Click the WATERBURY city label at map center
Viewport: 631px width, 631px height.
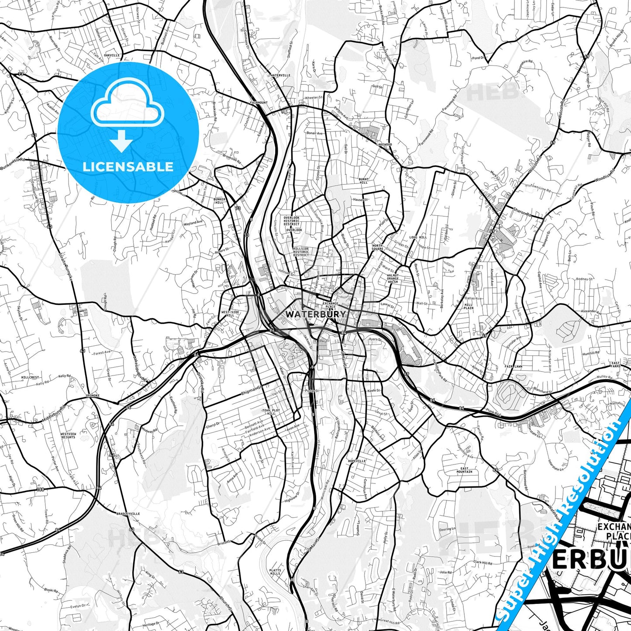tap(315, 314)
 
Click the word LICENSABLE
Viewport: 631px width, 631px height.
tap(128, 167)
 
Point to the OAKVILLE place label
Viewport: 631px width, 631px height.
tap(112, 55)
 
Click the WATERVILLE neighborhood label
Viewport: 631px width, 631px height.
tap(280, 75)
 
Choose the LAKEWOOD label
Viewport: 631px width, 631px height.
tap(384, 144)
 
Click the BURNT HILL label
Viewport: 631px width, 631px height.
tap(363, 181)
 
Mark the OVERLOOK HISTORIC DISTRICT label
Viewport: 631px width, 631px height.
tap(292, 221)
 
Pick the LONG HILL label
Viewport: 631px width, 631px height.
tap(418, 238)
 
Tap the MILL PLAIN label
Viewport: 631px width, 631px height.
tap(469, 306)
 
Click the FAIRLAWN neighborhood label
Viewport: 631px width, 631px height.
tap(514, 366)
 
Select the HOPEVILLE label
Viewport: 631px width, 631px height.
tap(357, 461)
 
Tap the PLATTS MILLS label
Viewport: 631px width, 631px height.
tap(275, 572)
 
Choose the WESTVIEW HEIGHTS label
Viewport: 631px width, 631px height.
tap(68, 435)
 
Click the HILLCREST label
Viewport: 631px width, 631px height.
tap(30, 377)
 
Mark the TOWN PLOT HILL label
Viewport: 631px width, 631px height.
tap(271, 412)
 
